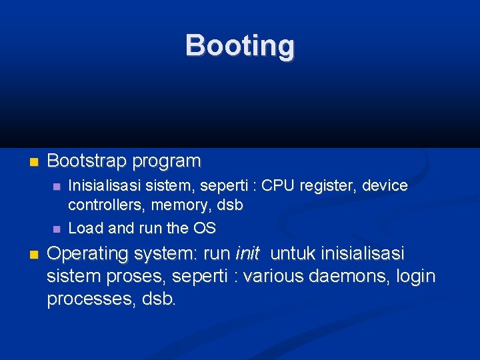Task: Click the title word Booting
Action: click(239, 46)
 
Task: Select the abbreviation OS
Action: click(205, 228)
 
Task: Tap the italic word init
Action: click(247, 254)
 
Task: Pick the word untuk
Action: click(295, 254)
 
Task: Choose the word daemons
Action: click(346, 276)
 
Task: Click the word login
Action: click(415, 276)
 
